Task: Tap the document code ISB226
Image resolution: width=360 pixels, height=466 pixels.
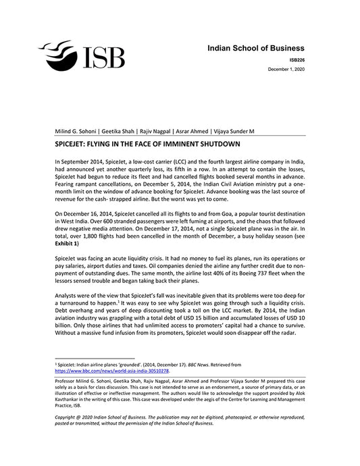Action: point(293,60)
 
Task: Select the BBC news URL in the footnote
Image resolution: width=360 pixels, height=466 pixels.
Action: point(111,371)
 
